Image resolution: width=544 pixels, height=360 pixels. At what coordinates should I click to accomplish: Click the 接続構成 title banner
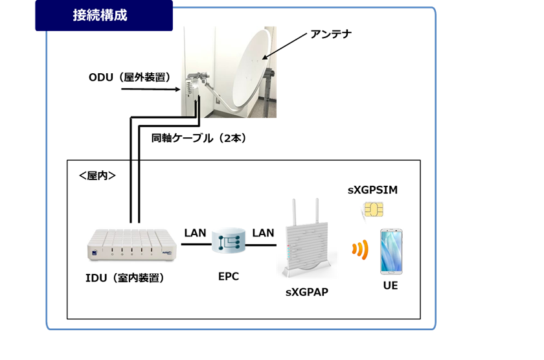click(104, 16)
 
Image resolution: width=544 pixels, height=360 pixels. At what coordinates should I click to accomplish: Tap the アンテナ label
click(331, 34)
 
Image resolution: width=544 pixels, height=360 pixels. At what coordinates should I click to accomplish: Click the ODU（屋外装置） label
click(130, 77)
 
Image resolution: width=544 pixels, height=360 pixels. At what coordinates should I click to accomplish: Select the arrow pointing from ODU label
click(150, 89)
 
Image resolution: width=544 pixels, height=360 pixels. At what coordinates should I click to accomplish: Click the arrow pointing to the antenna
click(284, 47)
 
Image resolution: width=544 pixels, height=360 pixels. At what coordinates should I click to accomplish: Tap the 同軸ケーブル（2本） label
click(199, 138)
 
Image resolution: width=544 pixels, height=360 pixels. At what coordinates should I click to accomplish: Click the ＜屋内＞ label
click(97, 176)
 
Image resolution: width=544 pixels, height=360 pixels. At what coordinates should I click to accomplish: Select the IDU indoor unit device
click(132, 245)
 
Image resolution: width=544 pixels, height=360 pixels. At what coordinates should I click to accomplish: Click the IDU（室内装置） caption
click(124, 278)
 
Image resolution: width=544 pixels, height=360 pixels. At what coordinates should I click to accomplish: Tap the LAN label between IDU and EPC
click(195, 232)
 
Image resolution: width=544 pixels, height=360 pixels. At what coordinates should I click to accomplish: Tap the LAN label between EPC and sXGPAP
click(263, 232)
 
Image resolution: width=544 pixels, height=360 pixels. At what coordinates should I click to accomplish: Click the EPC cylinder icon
click(228, 240)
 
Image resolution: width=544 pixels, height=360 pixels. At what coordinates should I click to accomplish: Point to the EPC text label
click(228, 276)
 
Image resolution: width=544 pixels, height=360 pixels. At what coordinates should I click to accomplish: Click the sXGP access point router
click(307, 239)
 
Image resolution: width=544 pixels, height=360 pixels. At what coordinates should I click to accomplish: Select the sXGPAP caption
click(307, 292)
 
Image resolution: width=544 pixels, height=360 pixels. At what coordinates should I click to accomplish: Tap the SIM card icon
click(373, 210)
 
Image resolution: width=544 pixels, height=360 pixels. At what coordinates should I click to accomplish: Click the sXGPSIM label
click(372, 190)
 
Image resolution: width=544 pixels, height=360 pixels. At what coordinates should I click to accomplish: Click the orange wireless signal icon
click(360, 249)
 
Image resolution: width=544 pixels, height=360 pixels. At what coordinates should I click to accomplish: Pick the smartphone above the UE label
click(391, 251)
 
